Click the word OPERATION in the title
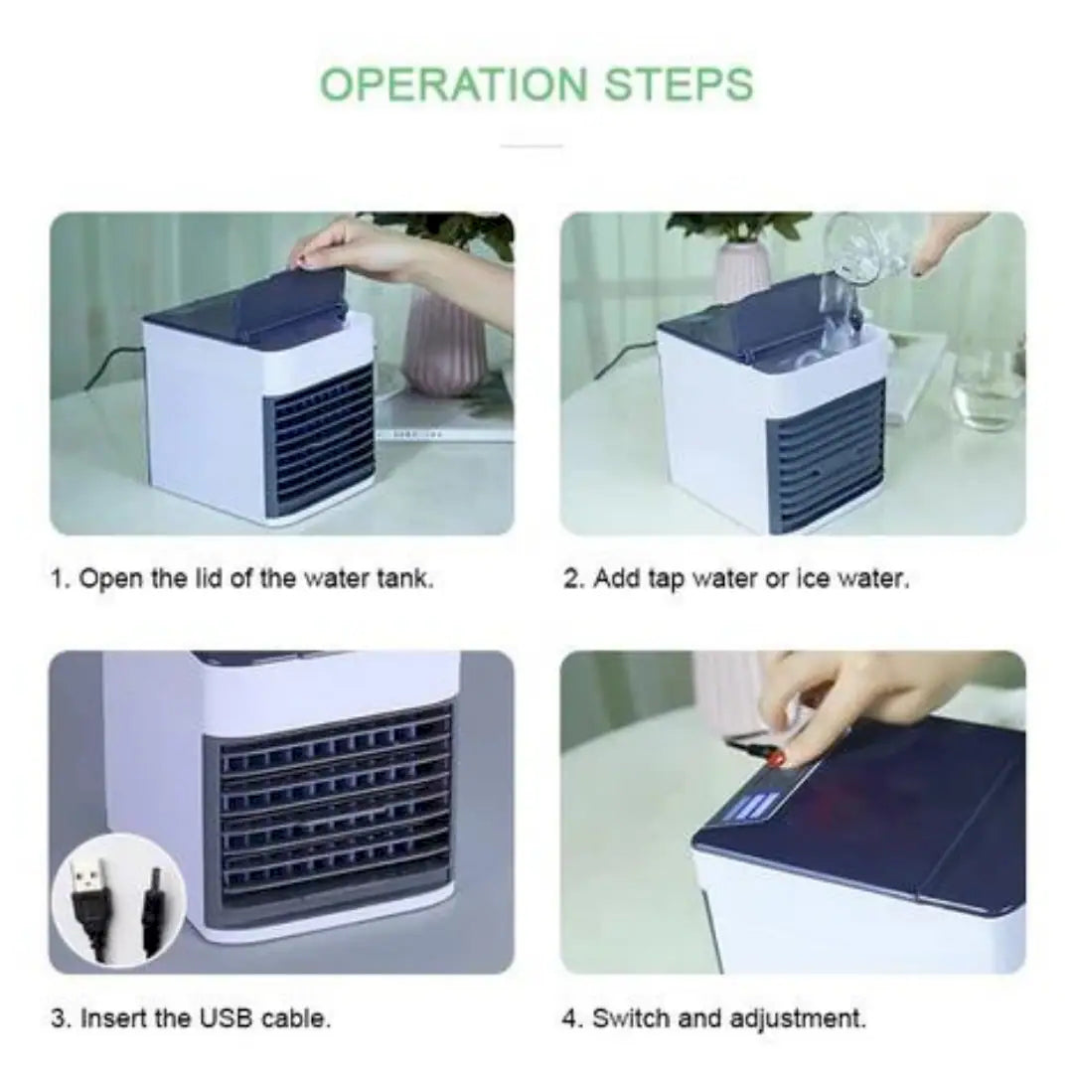coord(453,84)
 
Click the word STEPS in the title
coord(679,84)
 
